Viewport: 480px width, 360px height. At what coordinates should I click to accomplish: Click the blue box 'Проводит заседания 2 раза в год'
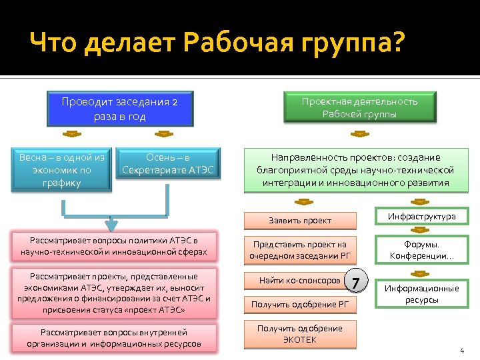pos(119,109)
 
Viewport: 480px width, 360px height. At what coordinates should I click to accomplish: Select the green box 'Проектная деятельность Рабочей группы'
pos(359,107)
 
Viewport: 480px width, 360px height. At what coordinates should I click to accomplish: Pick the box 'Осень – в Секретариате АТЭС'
pos(168,165)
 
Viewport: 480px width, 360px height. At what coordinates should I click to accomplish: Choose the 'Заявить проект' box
pos(299,220)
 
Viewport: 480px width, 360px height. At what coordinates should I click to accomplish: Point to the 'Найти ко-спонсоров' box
pos(299,281)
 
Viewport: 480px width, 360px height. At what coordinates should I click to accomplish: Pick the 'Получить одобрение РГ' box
pos(299,305)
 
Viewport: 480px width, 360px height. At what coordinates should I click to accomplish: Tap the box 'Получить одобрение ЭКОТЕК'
pos(299,334)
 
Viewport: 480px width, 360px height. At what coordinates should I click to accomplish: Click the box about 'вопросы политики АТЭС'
pos(109,247)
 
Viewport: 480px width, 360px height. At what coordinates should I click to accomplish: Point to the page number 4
pos(461,351)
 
